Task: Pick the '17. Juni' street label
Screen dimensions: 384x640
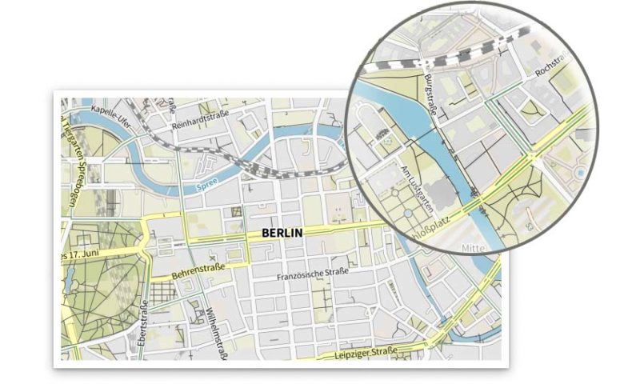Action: coord(81,254)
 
